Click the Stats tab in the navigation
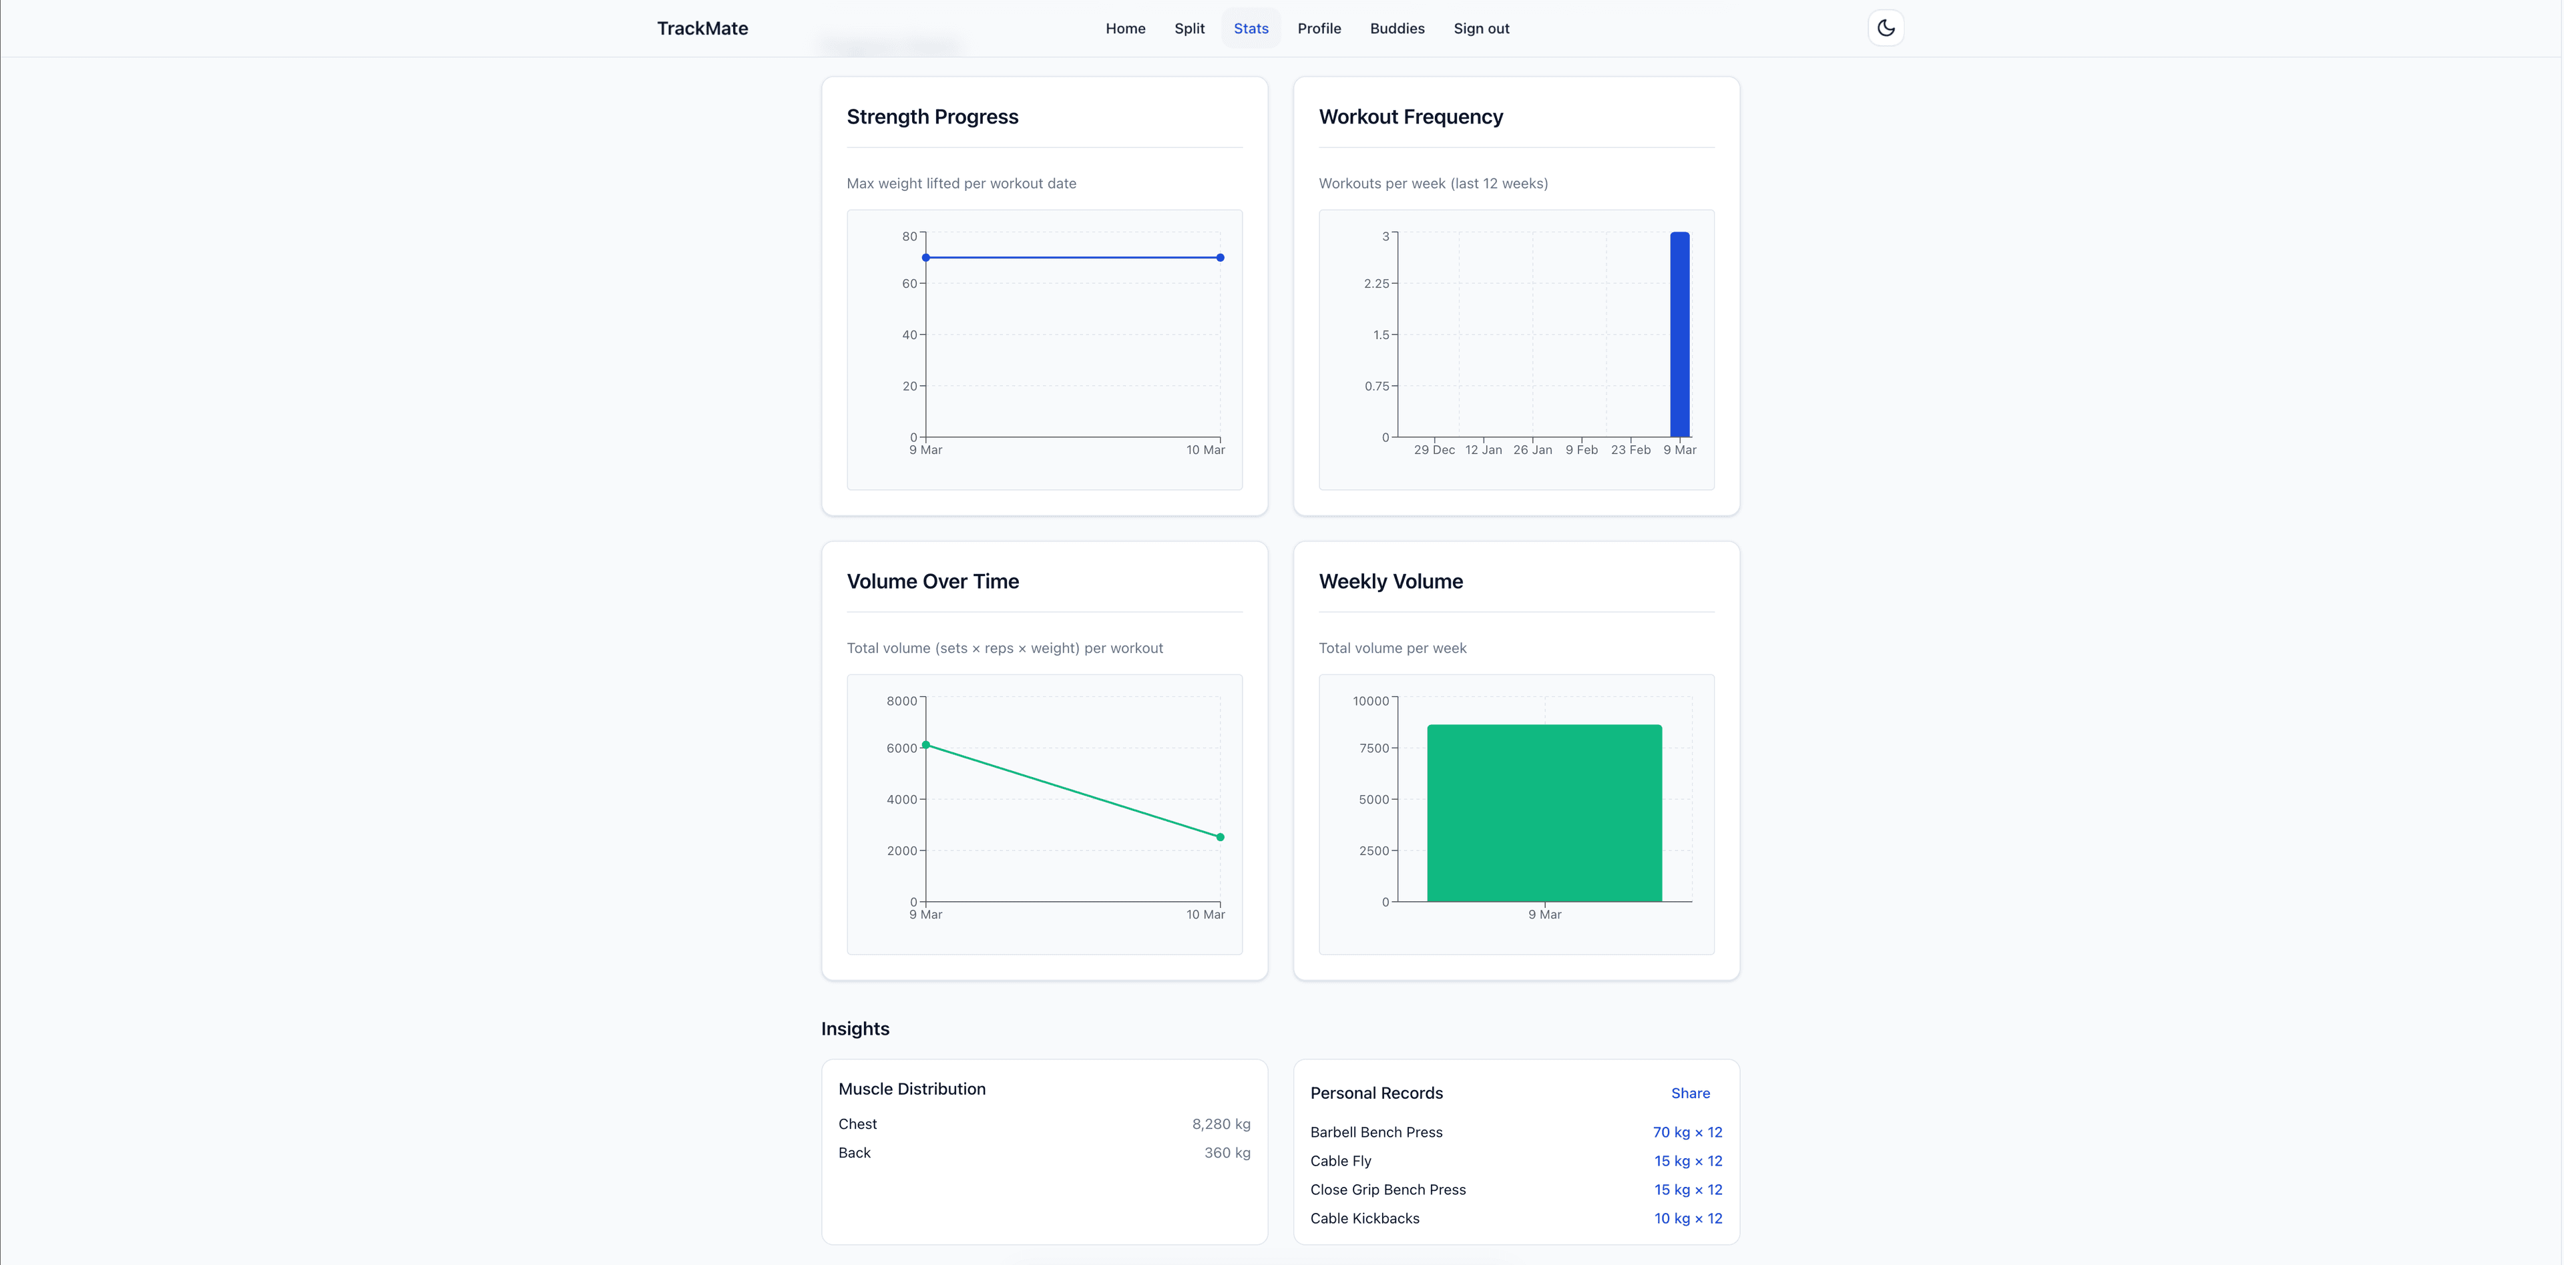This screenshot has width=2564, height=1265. coord(1251,28)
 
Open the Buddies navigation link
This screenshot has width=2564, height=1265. coord(1396,28)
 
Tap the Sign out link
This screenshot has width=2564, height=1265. coord(1481,28)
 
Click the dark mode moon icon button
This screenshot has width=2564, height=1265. coord(1885,28)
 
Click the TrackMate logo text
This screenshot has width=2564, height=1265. coord(702,28)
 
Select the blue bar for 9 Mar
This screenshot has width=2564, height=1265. coord(1680,334)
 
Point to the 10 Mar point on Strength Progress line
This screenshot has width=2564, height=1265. coord(1221,258)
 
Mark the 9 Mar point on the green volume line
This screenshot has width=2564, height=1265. coord(925,744)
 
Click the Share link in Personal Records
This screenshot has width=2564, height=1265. coord(1690,1093)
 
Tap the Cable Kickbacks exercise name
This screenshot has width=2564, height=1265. coord(1365,1218)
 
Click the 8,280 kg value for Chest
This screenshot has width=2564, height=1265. coord(1221,1123)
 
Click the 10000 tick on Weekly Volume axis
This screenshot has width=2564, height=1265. coord(1371,701)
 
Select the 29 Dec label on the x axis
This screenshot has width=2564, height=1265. coord(1434,450)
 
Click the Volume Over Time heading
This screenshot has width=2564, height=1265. coord(933,581)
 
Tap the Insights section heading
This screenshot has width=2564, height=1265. coord(855,1028)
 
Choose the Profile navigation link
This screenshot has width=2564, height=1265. coord(1319,28)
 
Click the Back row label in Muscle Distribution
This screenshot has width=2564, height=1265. coord(854,1153)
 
